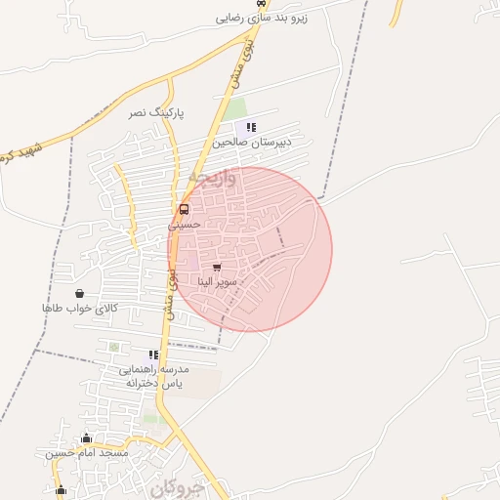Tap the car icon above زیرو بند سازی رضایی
[259, 4]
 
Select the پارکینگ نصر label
[156, 113]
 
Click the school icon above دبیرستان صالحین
[252, 127]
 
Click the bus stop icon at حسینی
[184, 209]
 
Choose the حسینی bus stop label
[184, 224]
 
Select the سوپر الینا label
[216, 281]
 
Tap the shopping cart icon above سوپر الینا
[216, 267]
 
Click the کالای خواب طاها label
[79, 308]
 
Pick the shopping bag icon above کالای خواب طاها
[79, 293]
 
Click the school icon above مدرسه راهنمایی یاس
[153, 354]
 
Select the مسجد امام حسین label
[87, 453]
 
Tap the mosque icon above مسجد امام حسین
[86, 438]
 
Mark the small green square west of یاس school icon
[114, 347]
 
